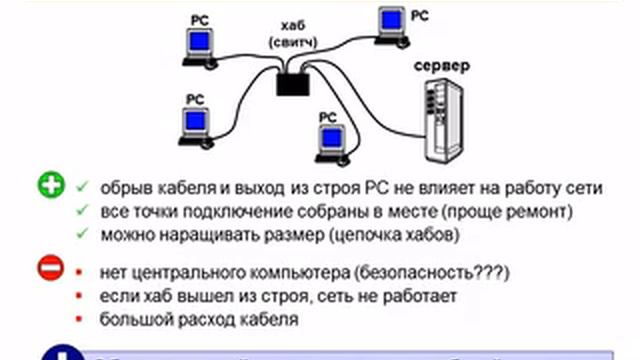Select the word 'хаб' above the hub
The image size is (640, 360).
pos(292,26)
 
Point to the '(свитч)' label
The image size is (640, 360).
pos(292,42)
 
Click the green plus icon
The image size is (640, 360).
pos(51,186)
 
